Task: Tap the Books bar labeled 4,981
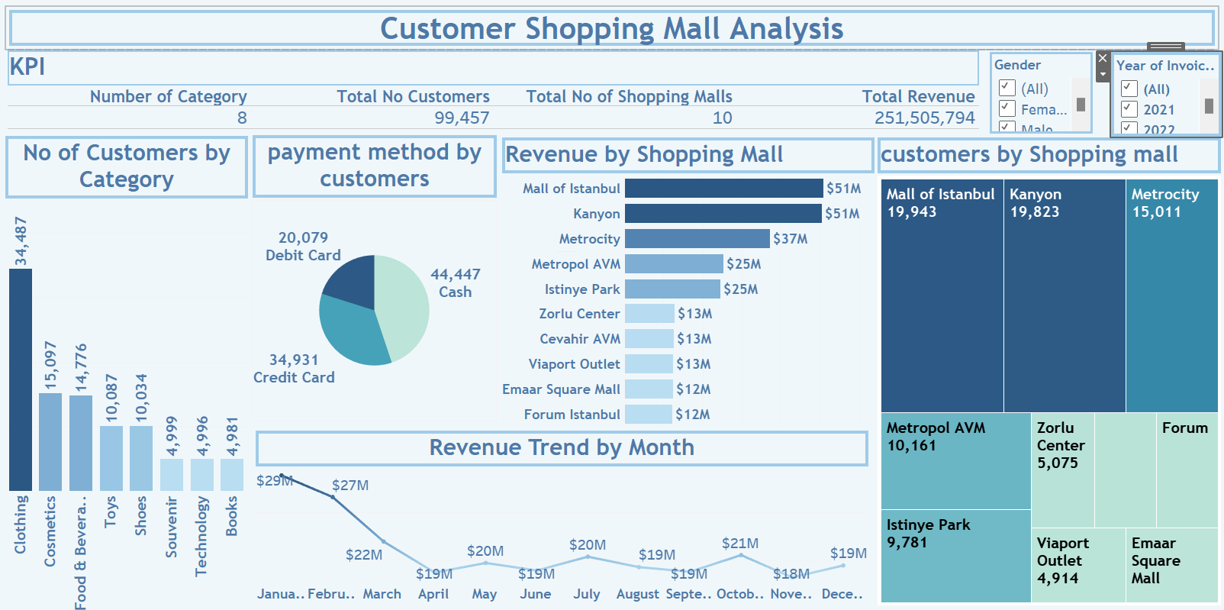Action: pos(232,474)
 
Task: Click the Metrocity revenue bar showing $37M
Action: pos(697,238)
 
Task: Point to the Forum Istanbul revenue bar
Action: pos(648,414)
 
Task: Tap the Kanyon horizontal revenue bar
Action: pos(723,213)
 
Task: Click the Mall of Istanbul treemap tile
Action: pos(942,305)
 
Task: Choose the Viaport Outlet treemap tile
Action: pos(1077,565)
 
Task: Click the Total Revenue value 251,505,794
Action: pos(924,118)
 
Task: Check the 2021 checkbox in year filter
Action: pos(1129,109)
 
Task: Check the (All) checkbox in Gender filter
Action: pos(1007,88)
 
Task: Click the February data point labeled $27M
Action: pos(333,497)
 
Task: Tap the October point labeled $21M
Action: pos(740,555)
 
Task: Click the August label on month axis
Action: pos(637,594)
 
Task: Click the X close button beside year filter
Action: pos(1102,58)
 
